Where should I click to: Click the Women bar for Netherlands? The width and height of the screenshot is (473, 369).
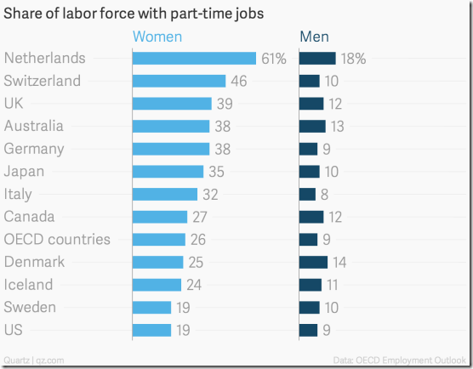tap(194, 59)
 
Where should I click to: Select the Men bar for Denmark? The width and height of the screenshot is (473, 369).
tap(313, 262)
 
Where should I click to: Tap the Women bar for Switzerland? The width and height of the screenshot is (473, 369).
tap(179, 81)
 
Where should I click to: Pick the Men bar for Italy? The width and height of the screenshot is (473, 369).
tap(307, 194)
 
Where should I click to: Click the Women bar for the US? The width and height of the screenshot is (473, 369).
tap(151, 330)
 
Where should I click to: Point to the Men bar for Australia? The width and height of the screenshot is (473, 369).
tap(312, 126)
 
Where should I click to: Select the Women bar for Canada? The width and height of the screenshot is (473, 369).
tap(159, 217)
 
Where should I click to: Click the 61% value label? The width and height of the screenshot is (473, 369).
tap(274, 59)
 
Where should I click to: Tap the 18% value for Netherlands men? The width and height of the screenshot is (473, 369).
tap(353, 59)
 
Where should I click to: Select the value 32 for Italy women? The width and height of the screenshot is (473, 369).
tap(210, 194)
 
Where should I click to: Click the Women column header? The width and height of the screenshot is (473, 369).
tap(157, 37)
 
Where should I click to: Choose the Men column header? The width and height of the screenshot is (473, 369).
tap(314, 37)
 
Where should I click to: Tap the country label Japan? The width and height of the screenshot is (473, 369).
tap(24, 171)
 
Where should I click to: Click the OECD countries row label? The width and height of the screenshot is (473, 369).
tap(57, 239)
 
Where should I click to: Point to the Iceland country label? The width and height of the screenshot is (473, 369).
tap(28, 284)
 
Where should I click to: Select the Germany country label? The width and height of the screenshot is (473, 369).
tap(33, 149)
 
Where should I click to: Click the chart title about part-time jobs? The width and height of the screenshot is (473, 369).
tap(133, 13)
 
